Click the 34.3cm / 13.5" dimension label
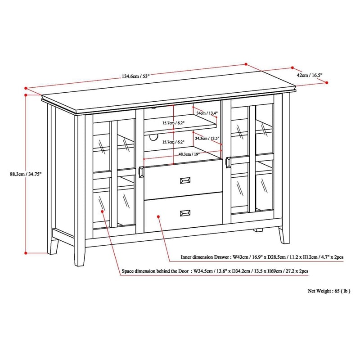click(x=207, y=139)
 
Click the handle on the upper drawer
click(x=185, y=180)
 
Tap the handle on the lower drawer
click(x=185, y=212)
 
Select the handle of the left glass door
click(x=142, y=173)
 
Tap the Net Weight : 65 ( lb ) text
click(x=329, y=291)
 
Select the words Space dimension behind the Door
click(x=156, y=272)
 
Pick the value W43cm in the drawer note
click(x=238, y=258)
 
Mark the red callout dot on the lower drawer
click(x=159, y=216)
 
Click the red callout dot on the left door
click(x=103, y=210)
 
